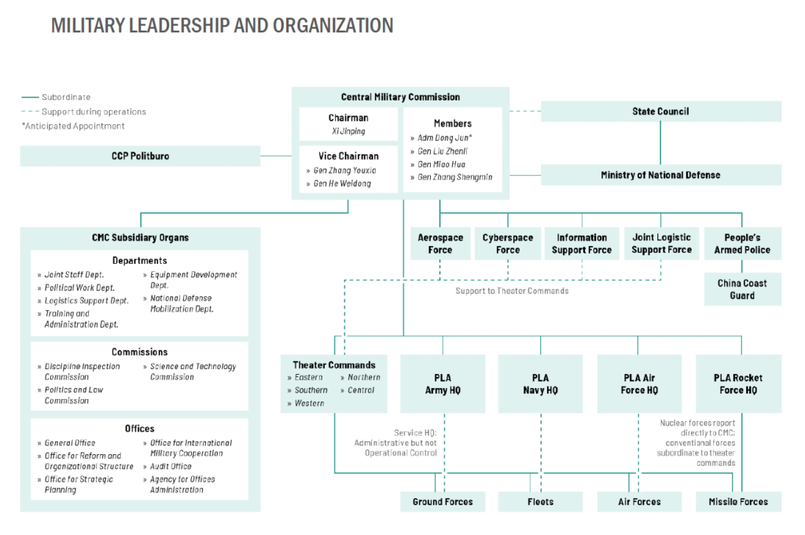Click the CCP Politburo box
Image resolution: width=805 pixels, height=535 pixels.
(x=140, y=156)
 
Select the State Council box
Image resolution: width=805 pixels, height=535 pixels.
(x=660, y=112)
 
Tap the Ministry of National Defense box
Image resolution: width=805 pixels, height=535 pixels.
(x=660, y=175)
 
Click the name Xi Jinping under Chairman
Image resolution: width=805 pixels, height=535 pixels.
(x=348, y=130)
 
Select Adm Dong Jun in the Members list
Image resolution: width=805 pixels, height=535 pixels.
(x=445, y=137)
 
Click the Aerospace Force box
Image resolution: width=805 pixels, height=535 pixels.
(x=440, y=244)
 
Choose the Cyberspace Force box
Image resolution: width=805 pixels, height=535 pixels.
(x=508, y=244)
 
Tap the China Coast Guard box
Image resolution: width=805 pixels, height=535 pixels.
(x=742, y=289)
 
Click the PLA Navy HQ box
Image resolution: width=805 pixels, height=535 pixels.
(x=540, y=383)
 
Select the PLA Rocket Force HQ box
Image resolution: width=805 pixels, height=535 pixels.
(x=738, y=383)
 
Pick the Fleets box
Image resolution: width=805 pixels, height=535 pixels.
(x=540, y=502)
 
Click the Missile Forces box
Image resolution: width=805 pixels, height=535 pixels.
(x=738, y=502)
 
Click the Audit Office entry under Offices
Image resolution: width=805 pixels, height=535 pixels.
(x=171, y=467)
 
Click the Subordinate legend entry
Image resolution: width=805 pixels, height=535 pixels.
(x=56, y=97)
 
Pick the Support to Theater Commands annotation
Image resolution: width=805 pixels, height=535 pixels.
(x=512, y=291)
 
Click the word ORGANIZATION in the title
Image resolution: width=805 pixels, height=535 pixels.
(x=333, y=25)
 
